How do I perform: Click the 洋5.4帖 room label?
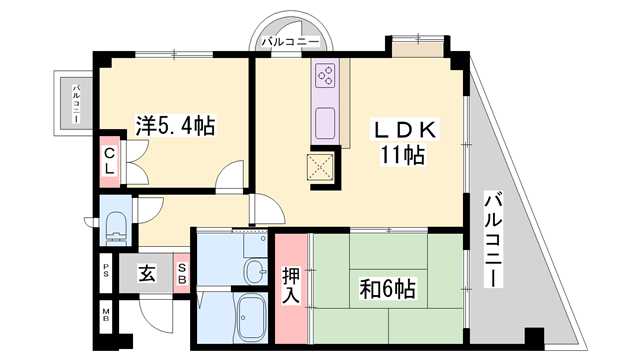coord(176,126)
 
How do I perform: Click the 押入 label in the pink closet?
coord(291,283)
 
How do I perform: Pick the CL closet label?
coord(109,161)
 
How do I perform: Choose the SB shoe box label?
coord(182,272)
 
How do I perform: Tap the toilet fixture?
coord(115,226)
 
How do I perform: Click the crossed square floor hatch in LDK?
coord(320,170)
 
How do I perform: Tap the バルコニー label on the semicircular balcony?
coord(290,42)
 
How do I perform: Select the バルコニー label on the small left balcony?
coord(77,104)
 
